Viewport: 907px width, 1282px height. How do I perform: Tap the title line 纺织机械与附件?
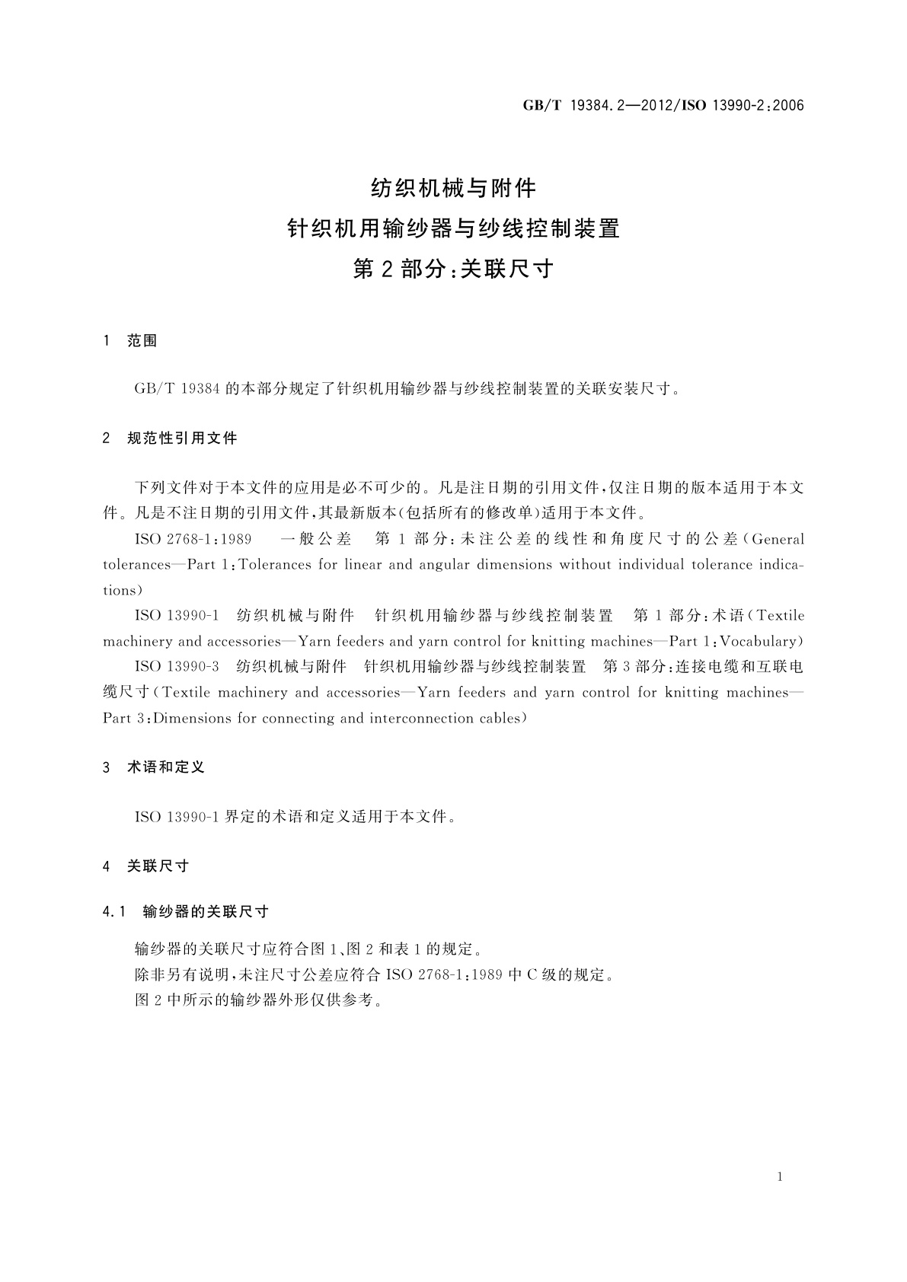pyautogui.click(x=453, y=187)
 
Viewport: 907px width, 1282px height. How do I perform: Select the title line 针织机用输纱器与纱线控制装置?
pyautogui.click(x=453, y=228)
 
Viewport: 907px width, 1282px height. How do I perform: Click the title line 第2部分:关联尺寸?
pyautogui.click(x=453, y=269)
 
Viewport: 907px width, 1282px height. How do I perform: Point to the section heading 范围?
pyautogui.click(x=142, y=341)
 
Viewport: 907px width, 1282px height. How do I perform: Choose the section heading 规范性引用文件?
pyautogui.click(x=182, y=438)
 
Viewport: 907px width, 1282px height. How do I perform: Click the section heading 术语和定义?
pyautogui.click(x=166, y=767)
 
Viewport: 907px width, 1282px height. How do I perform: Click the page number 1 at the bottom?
pyautogui.click(x=780, y=1177)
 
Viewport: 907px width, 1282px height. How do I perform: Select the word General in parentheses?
pyautogui.click(x=778, y=539)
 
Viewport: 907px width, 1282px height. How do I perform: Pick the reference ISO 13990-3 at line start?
pyautogui.click(x=177, y=667)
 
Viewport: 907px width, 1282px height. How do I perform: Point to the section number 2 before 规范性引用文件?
pyautogui.click(x=106, y=438)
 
